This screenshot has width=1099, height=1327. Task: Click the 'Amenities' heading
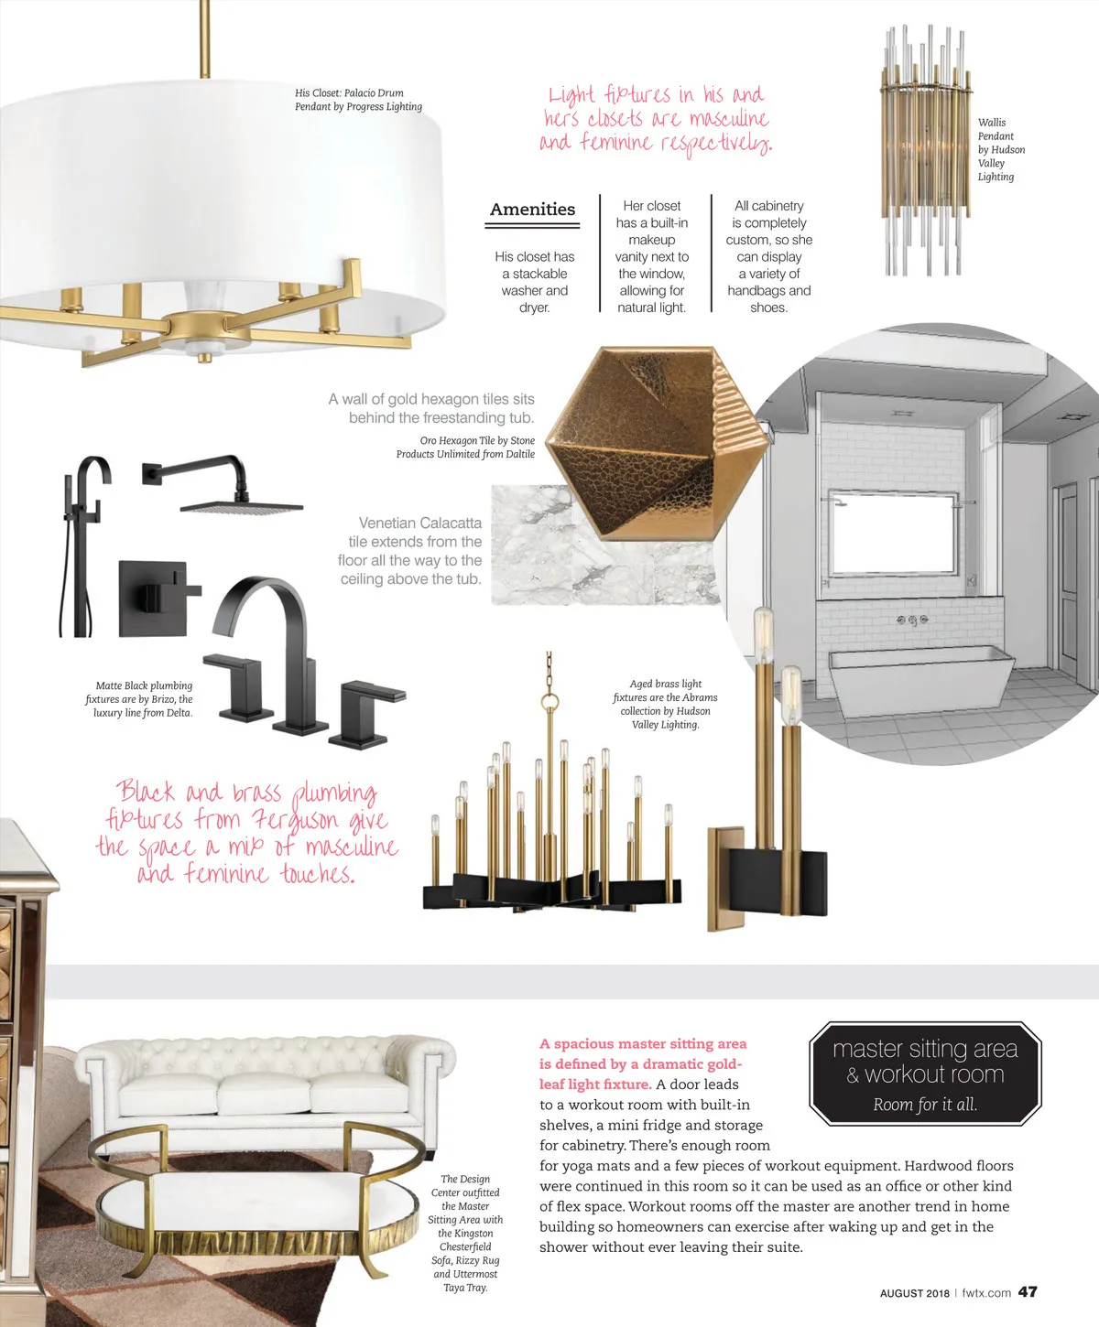click(532, 209)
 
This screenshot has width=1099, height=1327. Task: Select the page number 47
click(1028, 1292)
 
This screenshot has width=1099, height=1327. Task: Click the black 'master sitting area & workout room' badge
click(925, 1073)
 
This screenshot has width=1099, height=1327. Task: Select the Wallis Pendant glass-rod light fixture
click(926, 151)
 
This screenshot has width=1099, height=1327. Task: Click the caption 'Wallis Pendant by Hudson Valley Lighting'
click(1001, 149)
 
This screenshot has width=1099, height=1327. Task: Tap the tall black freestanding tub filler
click(84, 546)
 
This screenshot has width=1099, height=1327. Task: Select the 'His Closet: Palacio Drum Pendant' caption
click(358, 100)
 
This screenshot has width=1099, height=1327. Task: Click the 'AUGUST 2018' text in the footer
click(914, 1293)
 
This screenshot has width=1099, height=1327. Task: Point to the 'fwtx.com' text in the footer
click(986, 1292)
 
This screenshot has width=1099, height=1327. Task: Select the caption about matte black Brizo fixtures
click(139, 699)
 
